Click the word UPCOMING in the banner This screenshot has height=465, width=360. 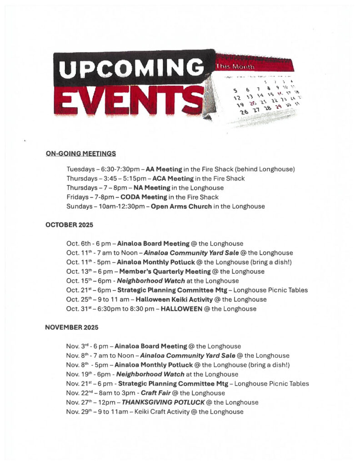[131, 69]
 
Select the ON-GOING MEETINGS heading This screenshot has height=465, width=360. [80, 154]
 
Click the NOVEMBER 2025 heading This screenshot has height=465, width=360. [71, 327]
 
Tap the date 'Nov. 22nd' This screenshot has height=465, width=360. [80, 393]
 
